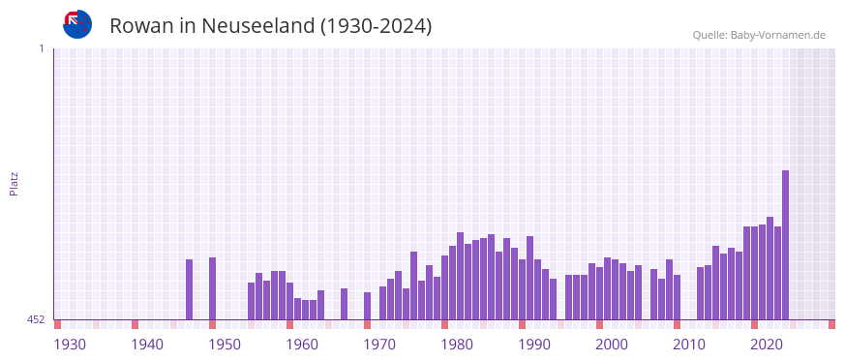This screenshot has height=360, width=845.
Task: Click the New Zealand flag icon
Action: tap(77, 24)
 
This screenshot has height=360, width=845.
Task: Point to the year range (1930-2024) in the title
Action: tap(377, 26)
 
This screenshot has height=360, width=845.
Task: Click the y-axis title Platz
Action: tap(14, 184)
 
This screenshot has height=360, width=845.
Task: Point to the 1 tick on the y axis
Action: tap(41, 48)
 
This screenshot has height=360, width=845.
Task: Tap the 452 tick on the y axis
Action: tap(36, 319)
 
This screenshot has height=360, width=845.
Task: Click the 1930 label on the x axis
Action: tap(70, 345)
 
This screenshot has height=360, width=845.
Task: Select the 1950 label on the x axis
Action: tap(225, 345)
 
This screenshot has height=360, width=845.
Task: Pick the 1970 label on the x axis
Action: tap(379, 345)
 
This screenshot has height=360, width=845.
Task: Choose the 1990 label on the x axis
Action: tap(534, 345)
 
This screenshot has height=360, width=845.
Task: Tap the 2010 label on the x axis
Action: tap(689, 345)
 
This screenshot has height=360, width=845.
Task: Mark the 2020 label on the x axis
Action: tap(767, 345)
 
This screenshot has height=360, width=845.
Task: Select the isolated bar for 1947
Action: tap(190, 289)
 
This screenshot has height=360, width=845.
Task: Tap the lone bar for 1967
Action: tap(345, 304)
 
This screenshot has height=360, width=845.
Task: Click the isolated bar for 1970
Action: tap(368, 306)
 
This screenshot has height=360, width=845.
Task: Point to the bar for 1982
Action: tap(461, 276)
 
